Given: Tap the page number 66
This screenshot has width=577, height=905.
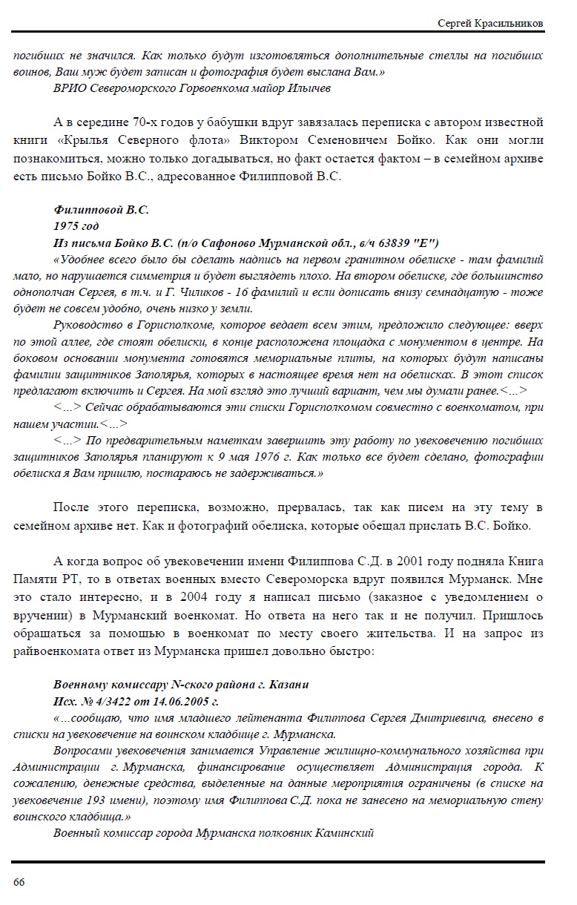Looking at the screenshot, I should (19, 881).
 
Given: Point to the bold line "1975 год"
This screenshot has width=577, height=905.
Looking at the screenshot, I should (76, 226).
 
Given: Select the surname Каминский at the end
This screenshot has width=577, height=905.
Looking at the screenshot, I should (337, 833).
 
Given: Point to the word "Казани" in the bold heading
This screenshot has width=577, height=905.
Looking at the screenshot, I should (288, 684).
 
